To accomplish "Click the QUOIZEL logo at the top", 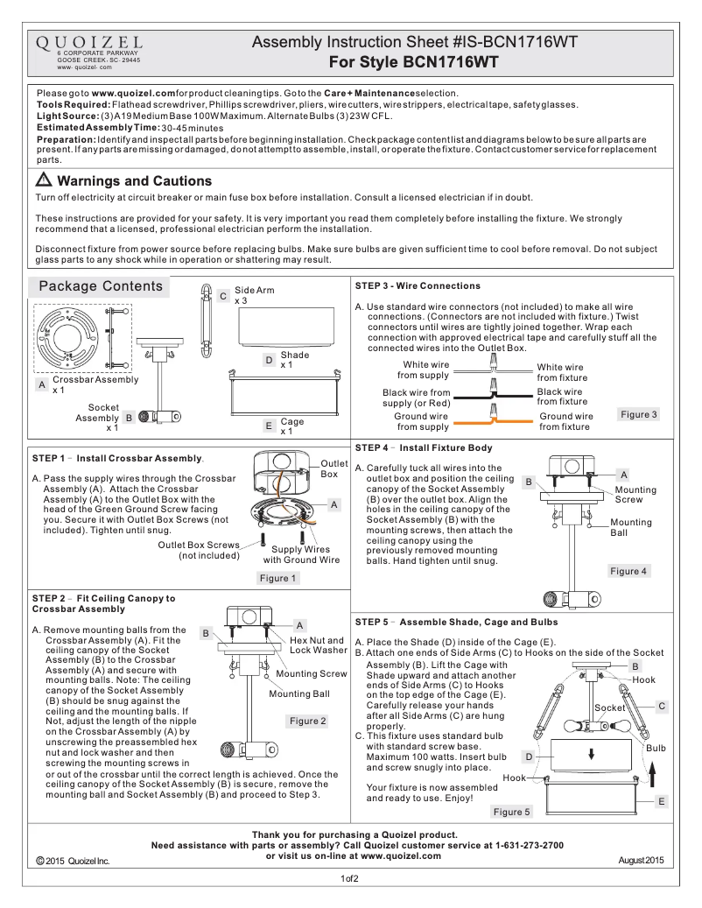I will pos(89,43).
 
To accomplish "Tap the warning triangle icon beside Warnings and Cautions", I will pos(44,181).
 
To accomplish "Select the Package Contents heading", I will pos(101,286).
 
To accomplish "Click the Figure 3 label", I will pos(638,414).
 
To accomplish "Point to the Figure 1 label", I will pos(278,578).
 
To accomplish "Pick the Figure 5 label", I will pos(511,812).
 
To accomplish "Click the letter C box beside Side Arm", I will pos(223,296).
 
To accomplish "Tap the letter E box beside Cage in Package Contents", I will pos(268,426).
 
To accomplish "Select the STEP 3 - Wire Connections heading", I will pos(418,285).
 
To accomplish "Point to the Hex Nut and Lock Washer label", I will pos(318,645).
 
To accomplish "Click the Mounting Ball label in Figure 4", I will pos(630,527).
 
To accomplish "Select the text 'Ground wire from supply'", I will pos(422,422).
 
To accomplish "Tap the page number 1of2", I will pos(350,878).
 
